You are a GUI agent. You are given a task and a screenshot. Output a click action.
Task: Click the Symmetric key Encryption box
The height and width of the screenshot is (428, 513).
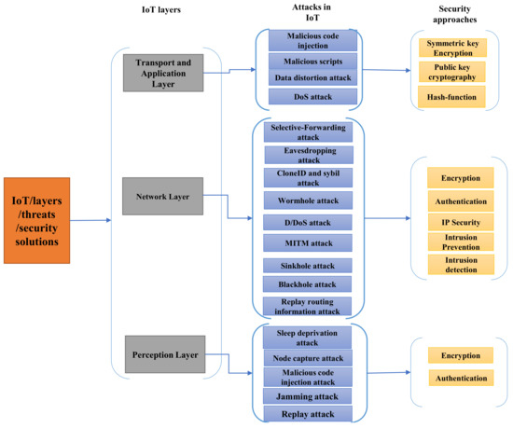(x=451, y=49)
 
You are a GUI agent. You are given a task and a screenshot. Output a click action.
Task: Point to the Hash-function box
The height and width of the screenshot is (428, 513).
(x=451, y=96)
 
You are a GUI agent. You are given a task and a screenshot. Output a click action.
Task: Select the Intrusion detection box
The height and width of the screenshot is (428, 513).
(x=459, y=265)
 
